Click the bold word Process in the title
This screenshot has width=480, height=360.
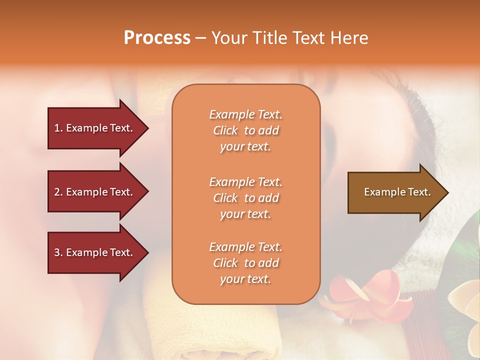click(157, 38)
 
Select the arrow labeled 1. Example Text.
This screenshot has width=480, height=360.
click(95, 128)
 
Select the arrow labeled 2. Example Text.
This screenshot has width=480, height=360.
click(95, 192)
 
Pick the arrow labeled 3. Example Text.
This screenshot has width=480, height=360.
click(95, 252)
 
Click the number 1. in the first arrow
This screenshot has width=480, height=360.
click(58, 128)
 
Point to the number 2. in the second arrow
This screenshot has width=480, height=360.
click(58, 192)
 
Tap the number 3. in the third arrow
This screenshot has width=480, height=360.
click(58, 252)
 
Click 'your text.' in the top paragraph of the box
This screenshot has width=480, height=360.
click(245, 147)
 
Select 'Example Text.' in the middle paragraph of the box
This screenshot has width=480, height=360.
click(245, 182)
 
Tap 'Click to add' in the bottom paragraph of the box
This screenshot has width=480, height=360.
click(245, 263)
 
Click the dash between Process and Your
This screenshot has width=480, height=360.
click(200, 38)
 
